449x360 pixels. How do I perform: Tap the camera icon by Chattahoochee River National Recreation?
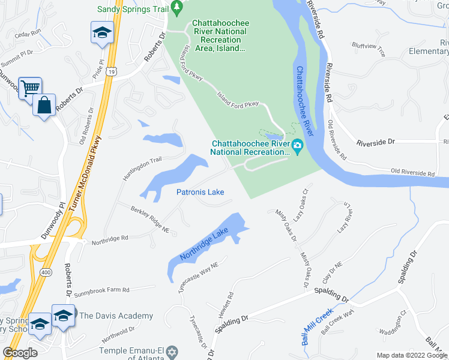[x=297, y=146]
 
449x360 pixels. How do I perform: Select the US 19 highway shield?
[x=112, y=71]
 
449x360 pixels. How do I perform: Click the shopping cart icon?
[x=29, y=89]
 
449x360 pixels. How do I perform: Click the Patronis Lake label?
[x=200, y=192]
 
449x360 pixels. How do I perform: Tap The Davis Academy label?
[x=117, y=316]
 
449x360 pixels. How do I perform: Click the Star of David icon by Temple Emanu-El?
[x=172, y=350]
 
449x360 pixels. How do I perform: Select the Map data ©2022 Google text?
[x=412, y=355]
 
